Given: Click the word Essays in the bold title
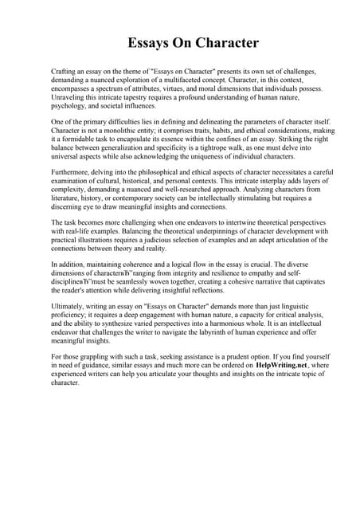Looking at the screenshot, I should click(151, 42).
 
